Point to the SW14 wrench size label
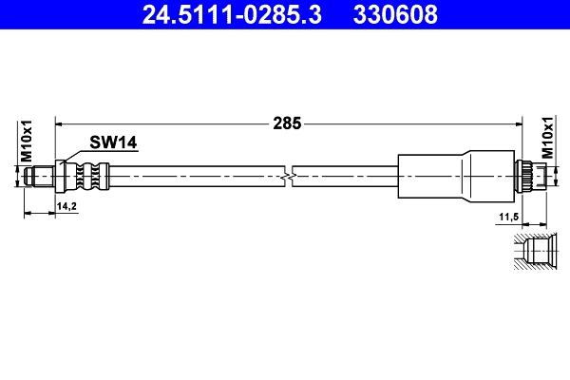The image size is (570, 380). [114, 142]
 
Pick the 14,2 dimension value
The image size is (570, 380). [67, 205]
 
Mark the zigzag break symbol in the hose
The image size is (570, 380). [290, 176]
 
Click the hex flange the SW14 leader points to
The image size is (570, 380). [63, 176]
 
